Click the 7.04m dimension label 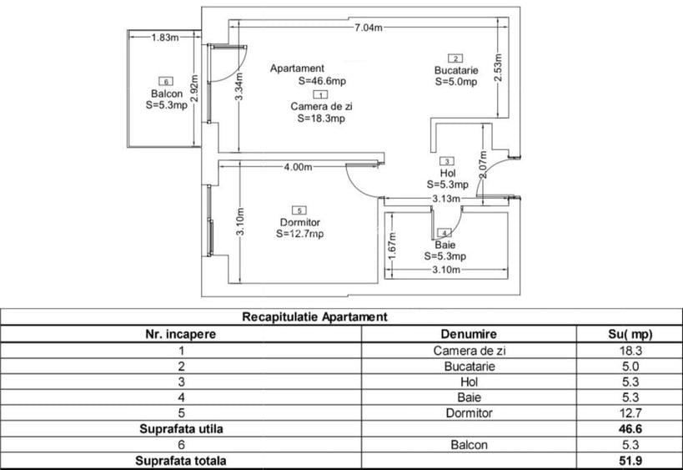pyautogui.click(x=369, y=28)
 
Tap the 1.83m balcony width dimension pyautogui.click(x=165, y=37)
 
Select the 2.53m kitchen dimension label pyautogui.click(x=499, y=67)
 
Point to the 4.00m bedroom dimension pyautogui.click(x=298, y=167)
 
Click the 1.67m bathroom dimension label pyautogui.click(x=392, y=245)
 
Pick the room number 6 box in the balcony pyautogui.click(x=166, y=81)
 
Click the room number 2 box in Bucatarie pyautogui.click(x=455, y=58)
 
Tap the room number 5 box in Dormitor pyautogui.click(x=299, y=210)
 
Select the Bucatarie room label pyautogui.click(x=456, y=70)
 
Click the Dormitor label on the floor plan pyautogui.click(x=300, y=222)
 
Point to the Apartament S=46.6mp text pyautogui.click(x=308, y=74)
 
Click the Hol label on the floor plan pyautogui.click(x=448, y=173)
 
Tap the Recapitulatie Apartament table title pyautogui.click(x=314, y=316)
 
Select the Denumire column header pyautogui.click(x=469, y=334)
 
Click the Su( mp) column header pyautogui.click(x=630, y=334)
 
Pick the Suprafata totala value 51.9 pyautogui.click(x=630, y=461)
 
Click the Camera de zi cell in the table pyautogui.click(x=470, y=351)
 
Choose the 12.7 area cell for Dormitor pyautogui.click(x=630, y=412)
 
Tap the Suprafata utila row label pyautogui.click(x=181, y=428)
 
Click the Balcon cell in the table pyautogui.click(x=470, y=445)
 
